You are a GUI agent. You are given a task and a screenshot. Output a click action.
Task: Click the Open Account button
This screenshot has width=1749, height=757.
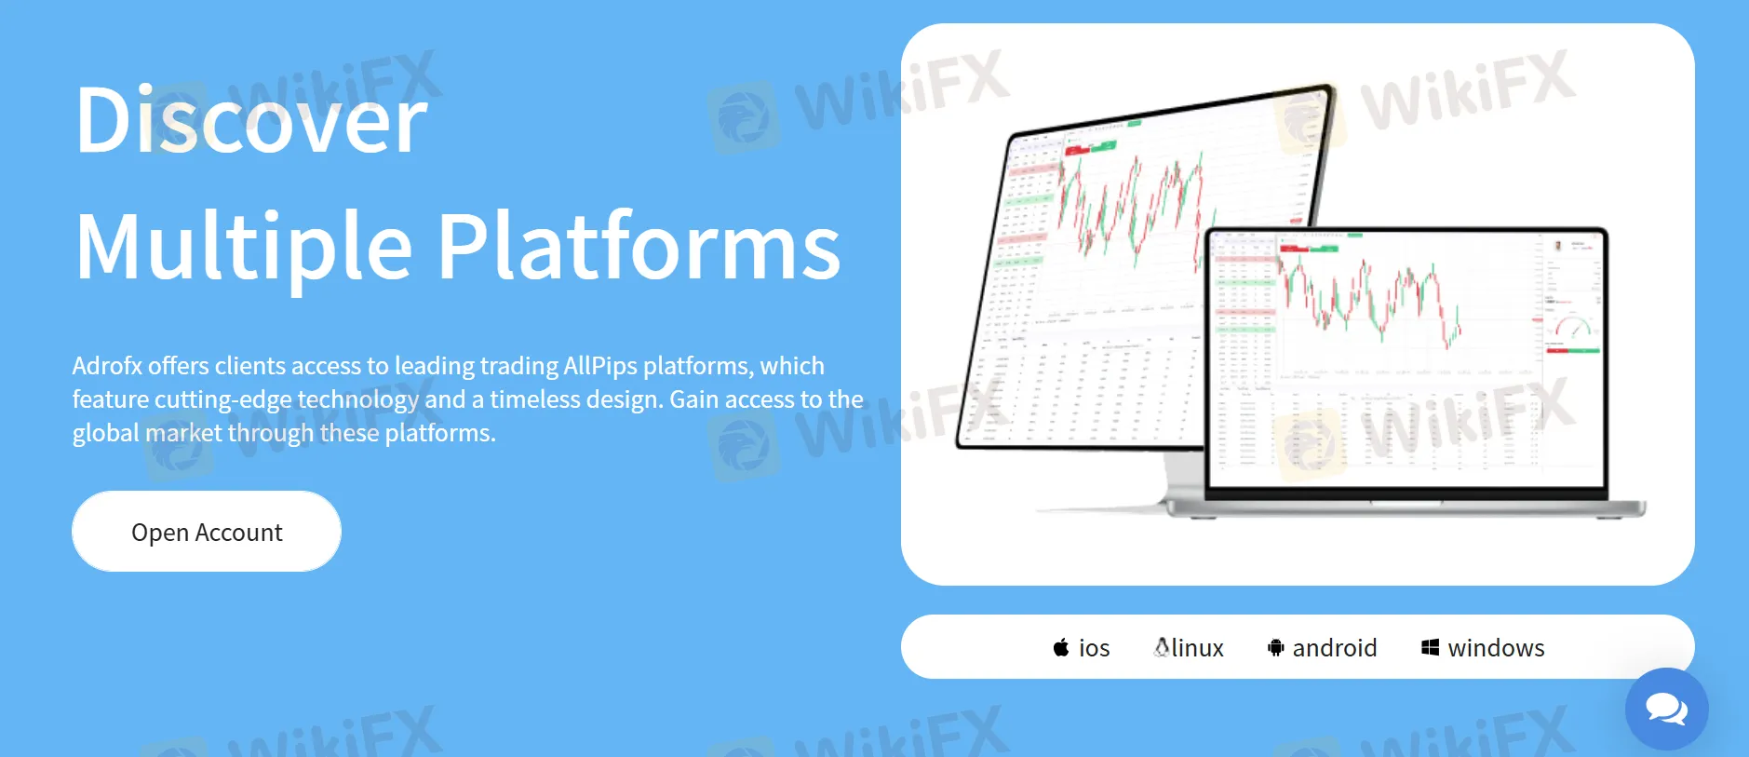tap(207, 532)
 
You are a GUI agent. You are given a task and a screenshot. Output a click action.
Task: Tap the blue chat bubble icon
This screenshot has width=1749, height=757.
tap(1666, 709)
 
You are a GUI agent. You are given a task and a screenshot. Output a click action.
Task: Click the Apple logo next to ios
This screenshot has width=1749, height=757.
tap(1061, 647)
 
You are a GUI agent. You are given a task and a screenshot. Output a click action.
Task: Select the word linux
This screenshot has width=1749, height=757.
tap(1198, 648)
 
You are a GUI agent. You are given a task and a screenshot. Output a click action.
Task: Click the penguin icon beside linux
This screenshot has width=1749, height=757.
tap(1162, 646)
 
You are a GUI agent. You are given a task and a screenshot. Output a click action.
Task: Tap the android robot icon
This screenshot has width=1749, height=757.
tap(1275, 647)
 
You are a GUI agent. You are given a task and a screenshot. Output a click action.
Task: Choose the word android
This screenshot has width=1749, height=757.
tap(1335, 648)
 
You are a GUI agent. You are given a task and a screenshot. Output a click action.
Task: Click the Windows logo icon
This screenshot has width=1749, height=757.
tap(1431, 647)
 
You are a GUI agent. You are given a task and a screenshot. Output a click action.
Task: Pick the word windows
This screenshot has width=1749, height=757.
tap(1496, 648)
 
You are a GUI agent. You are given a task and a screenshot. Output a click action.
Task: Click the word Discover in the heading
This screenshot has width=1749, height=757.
tap(251, 121)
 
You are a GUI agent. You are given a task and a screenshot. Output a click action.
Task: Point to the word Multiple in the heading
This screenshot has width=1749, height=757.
tap(244, 248)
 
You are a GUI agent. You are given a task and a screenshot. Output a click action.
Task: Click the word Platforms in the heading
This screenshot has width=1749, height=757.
tap(639, 246)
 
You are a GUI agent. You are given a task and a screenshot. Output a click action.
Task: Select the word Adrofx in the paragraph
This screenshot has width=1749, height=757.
tap(107, 366)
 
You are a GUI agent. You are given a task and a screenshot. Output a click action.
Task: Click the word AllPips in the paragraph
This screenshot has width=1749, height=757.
tap(600, 366)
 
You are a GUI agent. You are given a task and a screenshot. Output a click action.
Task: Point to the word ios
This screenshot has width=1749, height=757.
tap(1095, 648)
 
